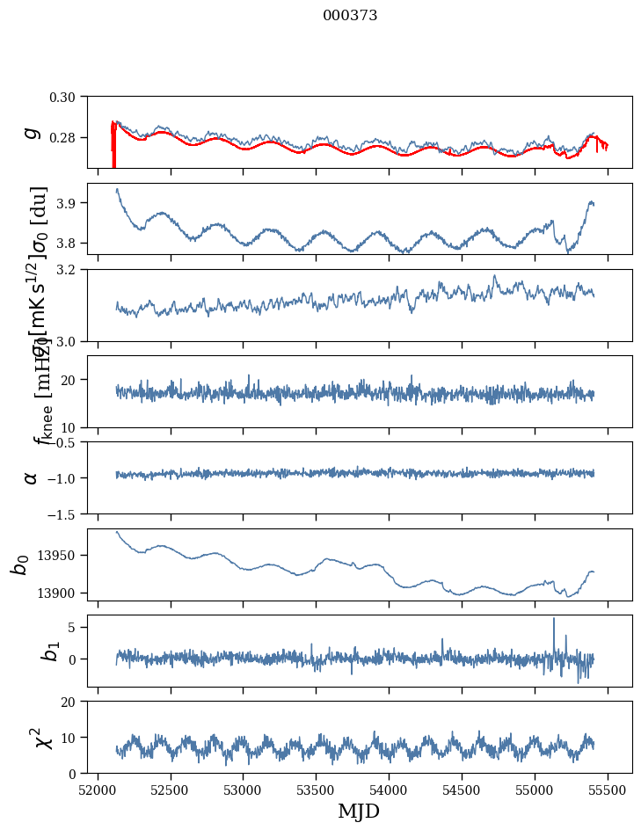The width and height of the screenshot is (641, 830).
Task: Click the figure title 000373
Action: pyautogui.click(x=350, y=16)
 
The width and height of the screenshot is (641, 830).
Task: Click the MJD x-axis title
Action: pyautogui.click(x=359, y=811)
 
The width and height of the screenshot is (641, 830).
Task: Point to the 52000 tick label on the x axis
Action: pyautogui.click(x=98, y=789)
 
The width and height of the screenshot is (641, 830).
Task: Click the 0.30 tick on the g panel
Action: pyautogui.click(x=69, y=97)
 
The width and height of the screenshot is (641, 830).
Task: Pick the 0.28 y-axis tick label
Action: pyautogui.click(x=69, y=138)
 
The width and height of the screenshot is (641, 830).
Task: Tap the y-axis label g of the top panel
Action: pyautogui.click(x=32, y=132)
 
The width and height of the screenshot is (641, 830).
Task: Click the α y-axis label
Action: pyautogui.click(x=32, y=477)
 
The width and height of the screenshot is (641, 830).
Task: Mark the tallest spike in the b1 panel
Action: pyautogui.click(x=554, y=619)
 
